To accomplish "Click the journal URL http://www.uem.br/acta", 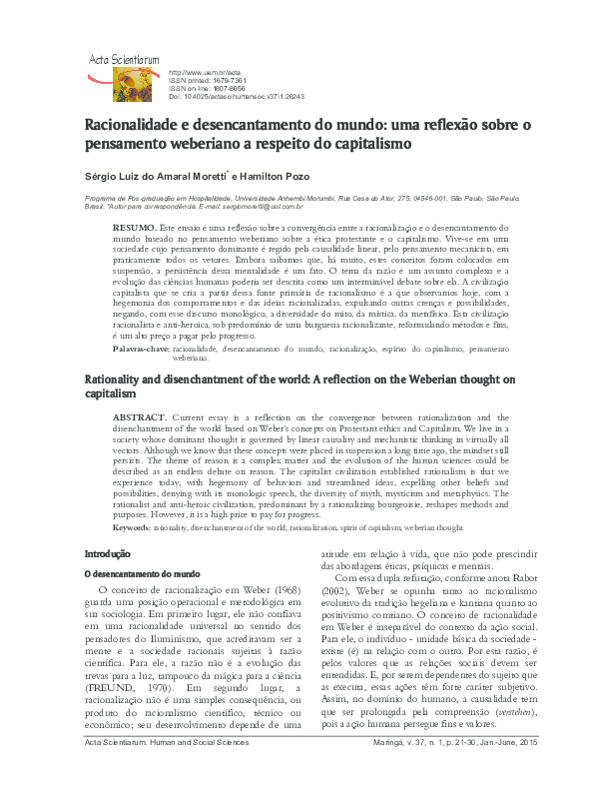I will [206, 73].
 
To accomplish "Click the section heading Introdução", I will [107, 552].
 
